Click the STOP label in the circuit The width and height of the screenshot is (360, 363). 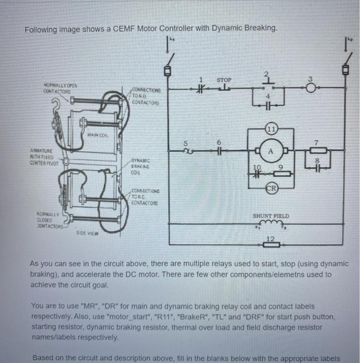pos(224,80)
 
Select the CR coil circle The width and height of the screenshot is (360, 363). pos(270,187)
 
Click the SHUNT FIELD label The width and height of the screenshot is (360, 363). pos(271,216)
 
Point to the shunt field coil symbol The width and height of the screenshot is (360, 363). pos(270,224)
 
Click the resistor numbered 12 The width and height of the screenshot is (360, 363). pos(270,244)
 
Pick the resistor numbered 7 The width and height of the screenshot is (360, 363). pos(321,151)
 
